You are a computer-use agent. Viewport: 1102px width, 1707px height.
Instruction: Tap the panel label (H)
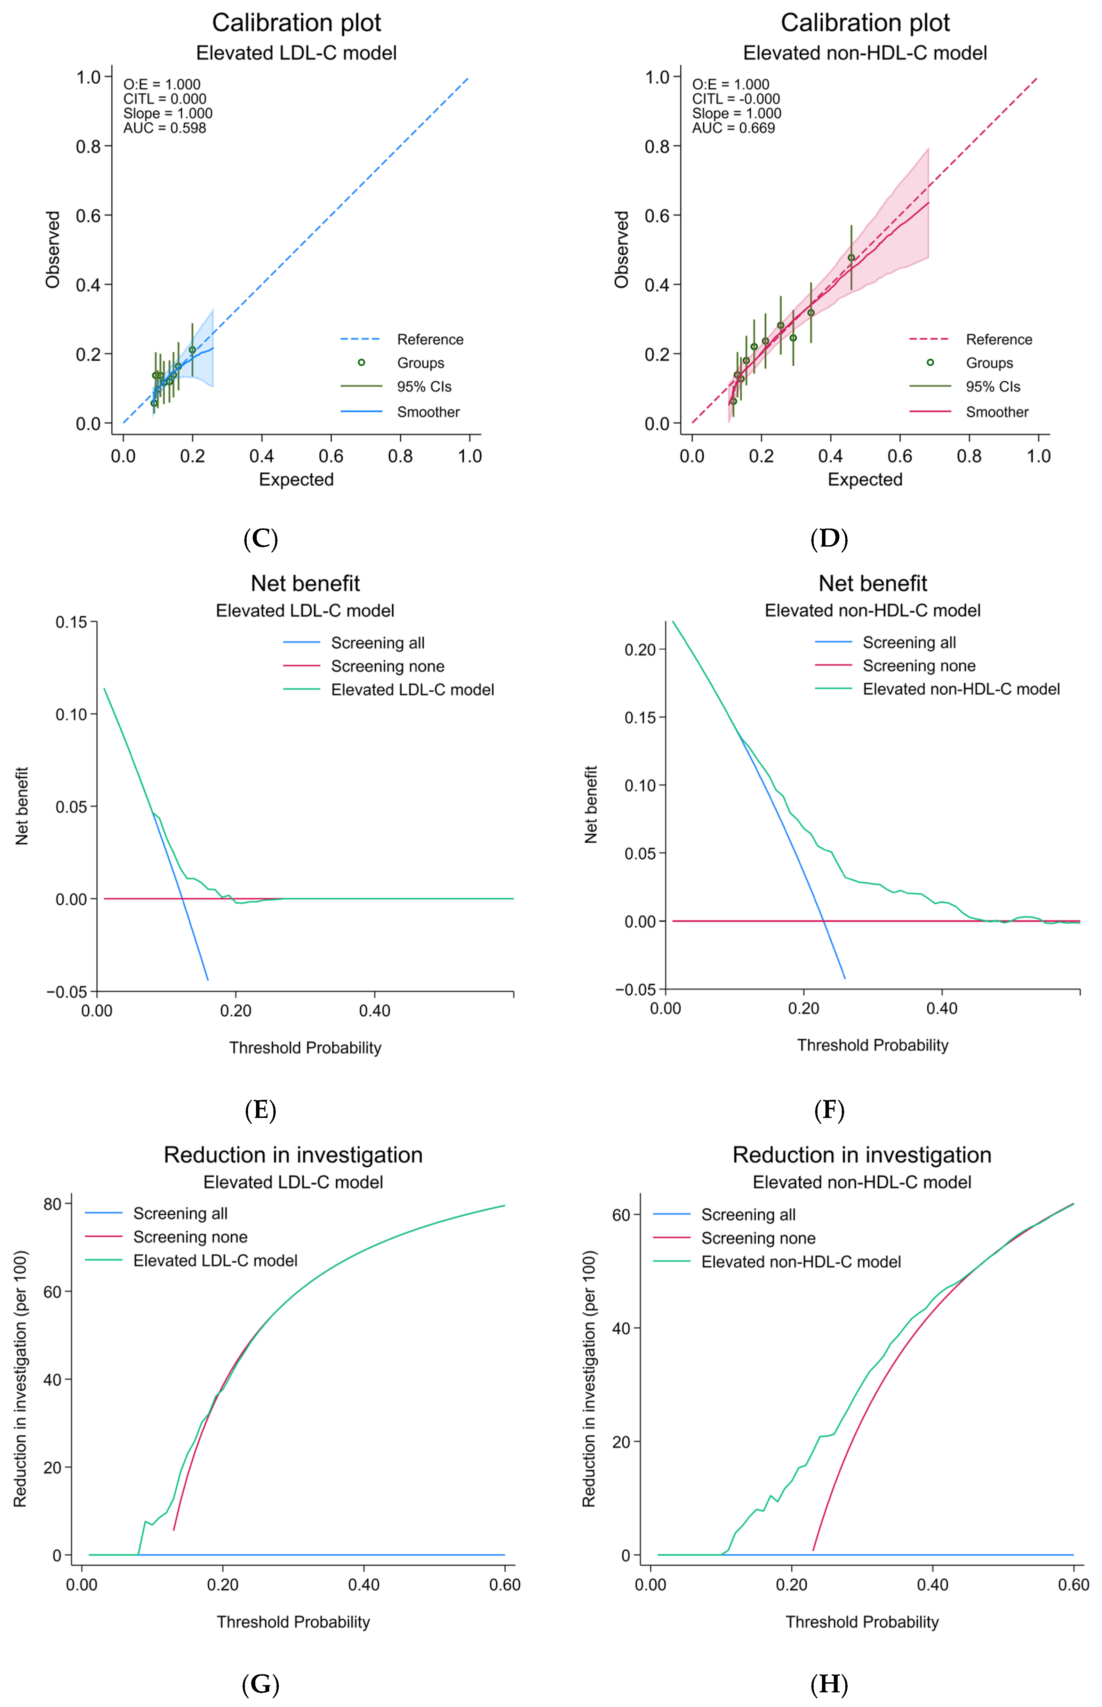point(829,1684)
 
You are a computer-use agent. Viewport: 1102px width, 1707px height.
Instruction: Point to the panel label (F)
point(829,1110)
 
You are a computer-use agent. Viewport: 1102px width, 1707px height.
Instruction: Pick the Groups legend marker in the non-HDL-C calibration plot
point(930,363)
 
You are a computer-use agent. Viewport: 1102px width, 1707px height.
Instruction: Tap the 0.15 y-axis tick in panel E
point(72,622)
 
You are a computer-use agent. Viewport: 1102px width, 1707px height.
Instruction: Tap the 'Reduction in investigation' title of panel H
point(862,1155)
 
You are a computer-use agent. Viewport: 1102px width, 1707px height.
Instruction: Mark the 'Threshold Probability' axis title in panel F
point(872,1045)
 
